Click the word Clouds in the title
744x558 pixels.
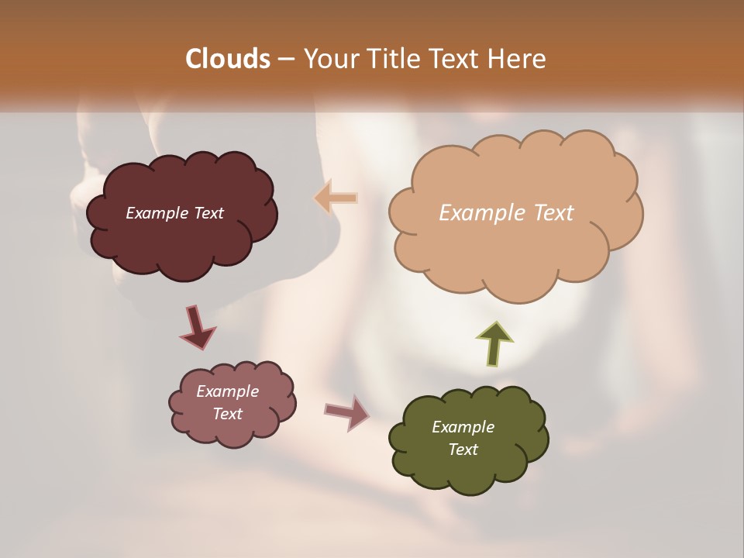pos(227,59)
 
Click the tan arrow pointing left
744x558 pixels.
pos(336,198)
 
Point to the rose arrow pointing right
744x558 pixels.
pos(346,412)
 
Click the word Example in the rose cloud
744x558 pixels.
pos(227,391)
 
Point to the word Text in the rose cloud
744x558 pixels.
pos(227,414)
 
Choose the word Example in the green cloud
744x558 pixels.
pos(463,427)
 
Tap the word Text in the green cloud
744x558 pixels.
pos(463,449)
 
